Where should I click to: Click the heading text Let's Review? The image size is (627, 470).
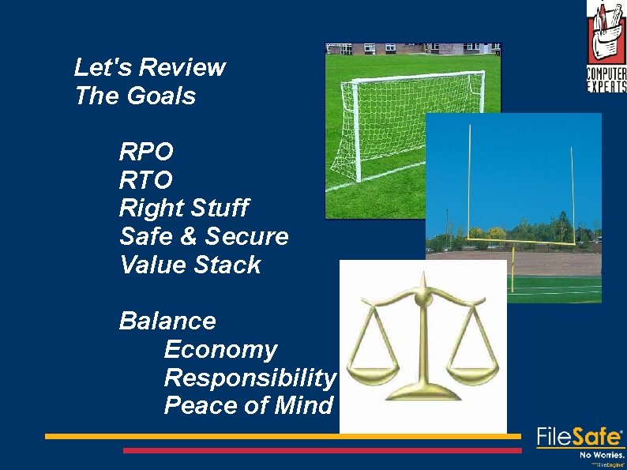pyautogui.click(x=149, y=68)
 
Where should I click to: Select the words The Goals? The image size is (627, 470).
pyautogui.click(x=134, y=96)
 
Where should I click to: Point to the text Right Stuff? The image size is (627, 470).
pyautogui.click(x=183, y=209)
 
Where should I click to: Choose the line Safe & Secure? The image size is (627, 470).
pyautogui.click(x=203, y=236)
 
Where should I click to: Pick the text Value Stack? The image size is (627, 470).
pyautogui.click(x=190, y=265)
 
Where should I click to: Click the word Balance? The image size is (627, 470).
pyautogui.click(x=167, y=321)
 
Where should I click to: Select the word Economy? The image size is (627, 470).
pyautogui.click(x=220, y=350)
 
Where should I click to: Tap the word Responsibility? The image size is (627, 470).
pyautogui.click(x=250, y=378)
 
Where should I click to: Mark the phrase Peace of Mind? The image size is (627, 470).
pyautogui.click(x=248, y=406)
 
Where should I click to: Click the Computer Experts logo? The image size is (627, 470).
pyautogui.click(x=606, y=47)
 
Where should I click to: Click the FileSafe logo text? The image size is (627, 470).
pyautogui.click(x=580, y=437)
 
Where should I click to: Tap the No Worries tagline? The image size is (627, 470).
pyautogui.click(x=602, y=455)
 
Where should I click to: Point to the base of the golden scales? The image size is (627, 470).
pyautogui.click(x=427, y=392)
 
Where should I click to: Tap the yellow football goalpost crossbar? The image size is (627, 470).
pyautogui.click(x=513, y=236)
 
